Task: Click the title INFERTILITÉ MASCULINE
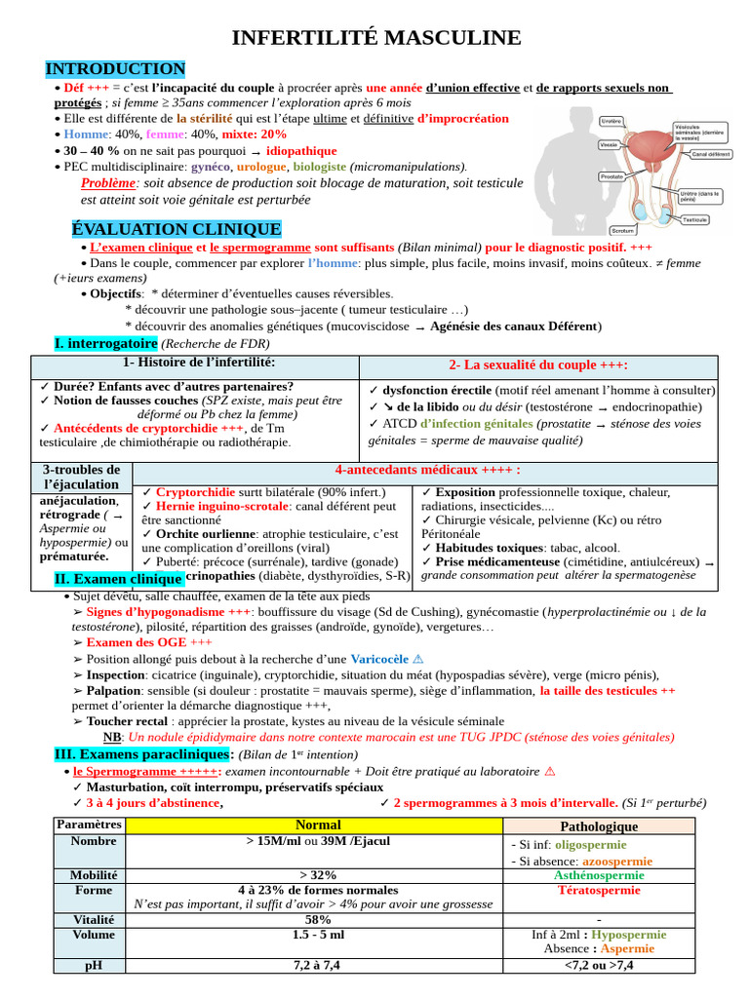pyautogui.click(x=375, y=38)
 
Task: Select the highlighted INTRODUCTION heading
pyautogui.click(x=115, y=69)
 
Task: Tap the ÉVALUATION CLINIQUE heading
pyautogui.click(x=177, y=229)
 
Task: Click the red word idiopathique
pyautogui.click(x=301, y=151)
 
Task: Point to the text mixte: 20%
pyautogui.click(x=255, y=134)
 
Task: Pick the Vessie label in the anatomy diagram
pyautogui.click(x=609, y=145)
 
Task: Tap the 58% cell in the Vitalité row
pyautogui.click(x=318, y=919)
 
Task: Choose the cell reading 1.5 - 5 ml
pyautogui.click(x=318, y=934)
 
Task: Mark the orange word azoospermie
pyautogui.click(x=616, y=862)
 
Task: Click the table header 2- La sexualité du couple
pyautogui.click(x=538, y=365)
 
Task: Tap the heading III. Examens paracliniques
pyautogui.click(x=142, y=754)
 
